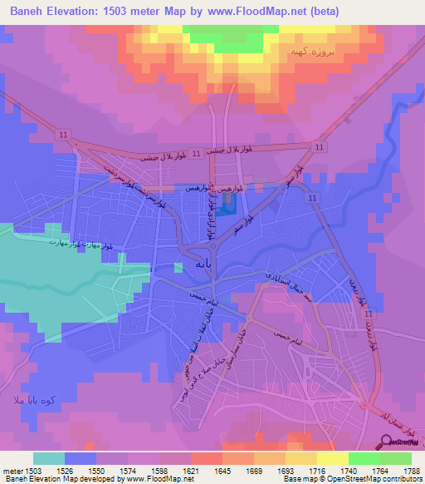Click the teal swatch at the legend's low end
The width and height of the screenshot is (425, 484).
click(x=48, y=458)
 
